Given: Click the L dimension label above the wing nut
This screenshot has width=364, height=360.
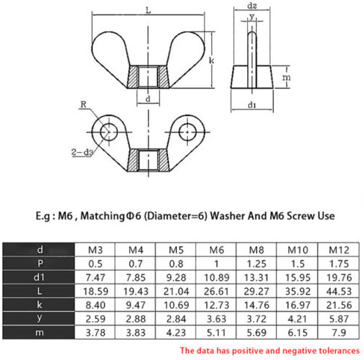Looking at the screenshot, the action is (x=148, y=10).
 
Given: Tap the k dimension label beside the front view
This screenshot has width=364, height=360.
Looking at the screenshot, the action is (x=211, y=60).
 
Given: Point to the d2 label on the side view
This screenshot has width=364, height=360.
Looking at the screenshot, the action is (x=252, y=5).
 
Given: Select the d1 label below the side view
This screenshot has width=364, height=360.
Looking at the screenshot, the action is (x=252, y=105).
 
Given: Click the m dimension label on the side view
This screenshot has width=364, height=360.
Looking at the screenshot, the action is (x=286, y=77).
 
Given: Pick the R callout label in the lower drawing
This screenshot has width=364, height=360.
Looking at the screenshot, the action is (x=84, y=104).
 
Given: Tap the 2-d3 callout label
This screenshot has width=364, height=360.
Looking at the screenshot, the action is (x=82, y=152).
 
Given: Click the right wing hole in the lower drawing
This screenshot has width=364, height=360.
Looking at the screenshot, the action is (x=187, y=132).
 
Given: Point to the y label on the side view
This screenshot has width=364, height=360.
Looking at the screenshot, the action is (x=252, y=17).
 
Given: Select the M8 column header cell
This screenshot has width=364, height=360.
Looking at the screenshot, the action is (x=256, y=250).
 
